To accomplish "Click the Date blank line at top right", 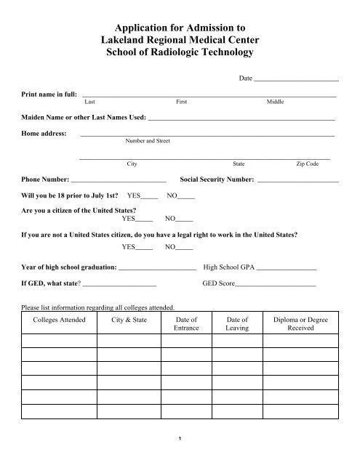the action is [x=296, y=78].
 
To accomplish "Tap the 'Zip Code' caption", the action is [x=306, y=165].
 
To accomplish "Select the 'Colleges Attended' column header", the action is [x=60, y=320].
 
